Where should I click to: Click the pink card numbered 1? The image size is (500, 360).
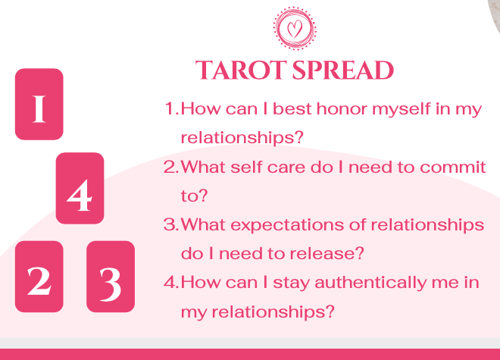39,104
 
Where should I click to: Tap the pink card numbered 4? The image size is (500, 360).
80,188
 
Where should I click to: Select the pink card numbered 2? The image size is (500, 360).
39,277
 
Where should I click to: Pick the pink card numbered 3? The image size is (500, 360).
111,277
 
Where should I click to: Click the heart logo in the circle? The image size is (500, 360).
295,28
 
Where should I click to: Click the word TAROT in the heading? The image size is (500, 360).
241,70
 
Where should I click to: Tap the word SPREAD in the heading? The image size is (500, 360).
343,70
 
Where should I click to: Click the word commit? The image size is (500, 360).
453,167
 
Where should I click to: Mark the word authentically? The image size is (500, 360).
370,283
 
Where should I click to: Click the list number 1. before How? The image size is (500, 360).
171,108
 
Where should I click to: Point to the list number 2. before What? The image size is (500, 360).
171,167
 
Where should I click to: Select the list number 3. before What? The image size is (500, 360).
171,224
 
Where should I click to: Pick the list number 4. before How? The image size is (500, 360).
171,283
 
